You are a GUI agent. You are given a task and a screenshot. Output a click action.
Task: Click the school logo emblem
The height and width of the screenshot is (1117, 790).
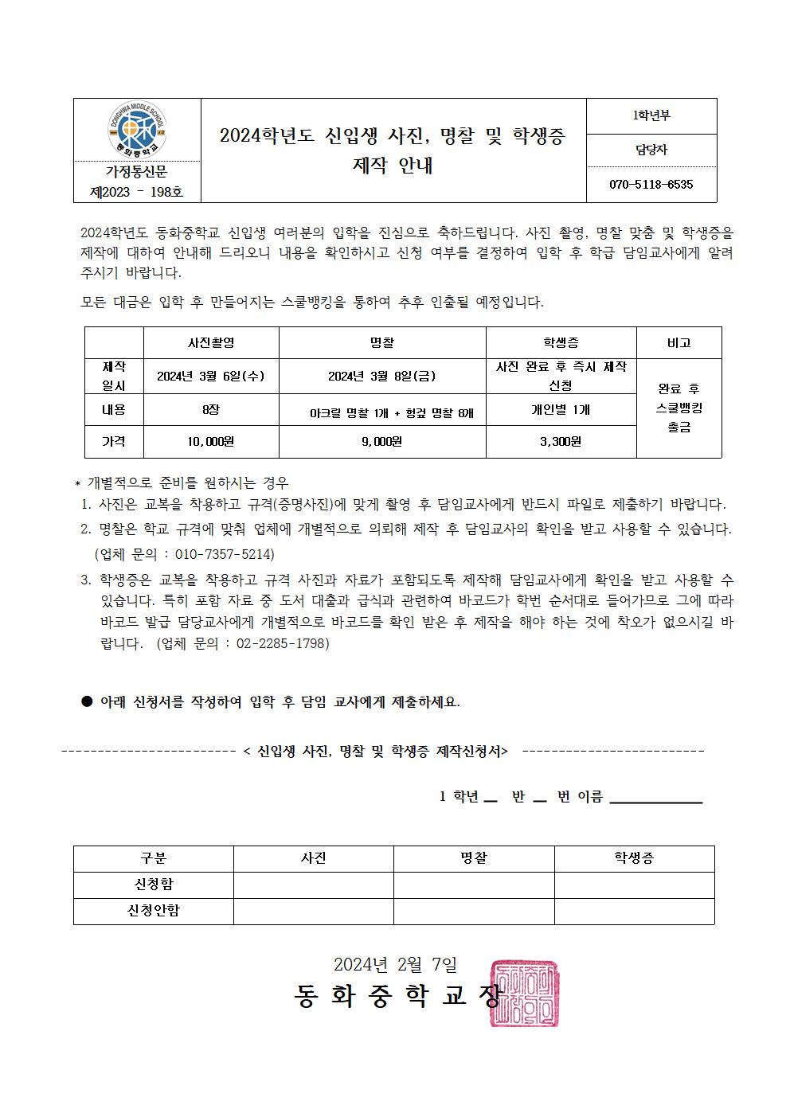[x=136, y=130]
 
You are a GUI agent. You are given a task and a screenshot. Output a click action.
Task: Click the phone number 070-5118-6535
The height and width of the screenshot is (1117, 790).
[x=651, y=185]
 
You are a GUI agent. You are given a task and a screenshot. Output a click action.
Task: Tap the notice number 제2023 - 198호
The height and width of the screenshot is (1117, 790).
[x=137, y=192]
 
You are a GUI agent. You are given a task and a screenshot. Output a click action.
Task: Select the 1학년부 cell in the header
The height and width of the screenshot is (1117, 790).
[x=651, y=116]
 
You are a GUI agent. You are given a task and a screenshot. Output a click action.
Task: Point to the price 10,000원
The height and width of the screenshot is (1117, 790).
[x=210, y=442]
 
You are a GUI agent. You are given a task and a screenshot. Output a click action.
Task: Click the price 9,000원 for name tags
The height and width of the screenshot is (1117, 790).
[x=381, y=442]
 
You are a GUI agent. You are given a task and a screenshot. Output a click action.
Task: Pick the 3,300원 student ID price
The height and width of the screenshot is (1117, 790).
[x=561, y=442]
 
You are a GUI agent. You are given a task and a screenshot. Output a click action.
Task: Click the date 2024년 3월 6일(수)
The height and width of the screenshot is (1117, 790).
[x=210, y=377]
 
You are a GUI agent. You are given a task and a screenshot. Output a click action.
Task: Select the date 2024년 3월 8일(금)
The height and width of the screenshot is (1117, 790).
[x=381, y=377]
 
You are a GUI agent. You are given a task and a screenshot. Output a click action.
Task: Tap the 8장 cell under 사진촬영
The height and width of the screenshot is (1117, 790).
[x=210, y=410]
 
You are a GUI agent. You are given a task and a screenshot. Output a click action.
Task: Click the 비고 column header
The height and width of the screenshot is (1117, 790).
[x=679, y=343]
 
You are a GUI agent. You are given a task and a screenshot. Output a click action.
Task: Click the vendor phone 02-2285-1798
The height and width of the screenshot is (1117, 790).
[x=283, y=643]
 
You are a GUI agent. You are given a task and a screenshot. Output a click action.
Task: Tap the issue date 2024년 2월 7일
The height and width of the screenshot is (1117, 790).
[x=395, y=965]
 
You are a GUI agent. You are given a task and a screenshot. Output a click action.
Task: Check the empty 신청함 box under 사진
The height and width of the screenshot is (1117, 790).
[x=313, y=885]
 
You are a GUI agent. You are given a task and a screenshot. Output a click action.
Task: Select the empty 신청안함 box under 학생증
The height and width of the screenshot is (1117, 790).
[x=634, y=911]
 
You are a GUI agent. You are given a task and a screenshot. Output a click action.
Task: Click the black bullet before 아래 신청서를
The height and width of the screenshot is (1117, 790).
[x=88, y=701]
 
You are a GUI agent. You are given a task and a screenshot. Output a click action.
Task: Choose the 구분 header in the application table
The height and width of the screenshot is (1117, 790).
[x=153, y=858]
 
